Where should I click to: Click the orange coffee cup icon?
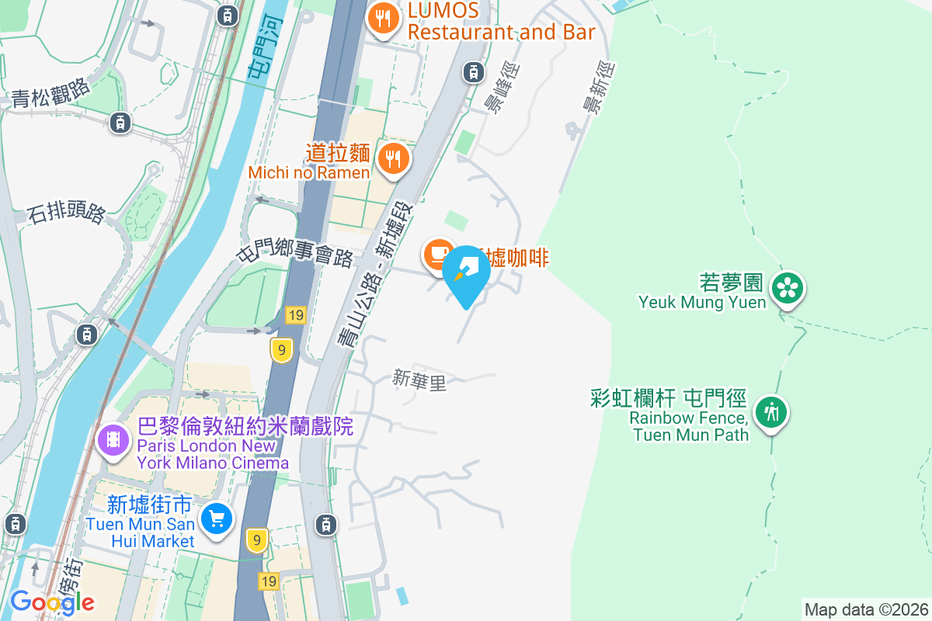pos(438,254)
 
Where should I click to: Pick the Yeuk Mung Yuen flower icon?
pos(788,288)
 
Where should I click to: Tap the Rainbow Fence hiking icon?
pos(770,411)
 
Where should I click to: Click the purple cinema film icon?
pos(113,440)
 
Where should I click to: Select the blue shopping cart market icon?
pos(216,518)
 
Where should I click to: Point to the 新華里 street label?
pos(419,380)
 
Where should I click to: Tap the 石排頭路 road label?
pos(66,212)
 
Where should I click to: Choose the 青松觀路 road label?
pos(51,95)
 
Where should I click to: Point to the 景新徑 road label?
pos(597,89)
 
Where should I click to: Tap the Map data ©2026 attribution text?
pos(866,609)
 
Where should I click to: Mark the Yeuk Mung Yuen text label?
pos(702,302)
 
